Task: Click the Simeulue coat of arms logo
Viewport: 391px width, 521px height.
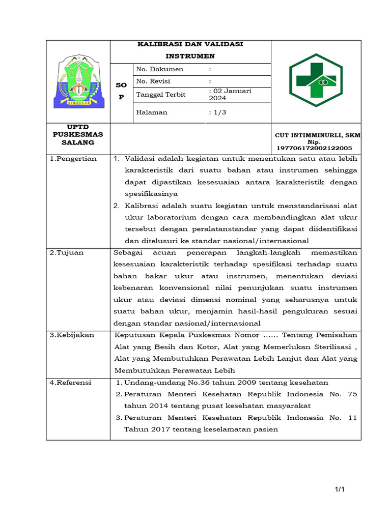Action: [x=78, y=81]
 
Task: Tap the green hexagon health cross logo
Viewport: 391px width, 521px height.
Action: [x=316, y=80]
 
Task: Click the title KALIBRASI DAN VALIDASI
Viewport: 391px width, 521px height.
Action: [x=190, y=44]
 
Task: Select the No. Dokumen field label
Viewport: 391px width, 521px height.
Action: [x=160, y=69]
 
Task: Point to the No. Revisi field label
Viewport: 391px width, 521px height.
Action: [x=153, y=81]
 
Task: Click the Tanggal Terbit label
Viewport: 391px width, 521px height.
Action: [x=161, y=95]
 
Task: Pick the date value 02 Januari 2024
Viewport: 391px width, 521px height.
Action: [x=231, y=95]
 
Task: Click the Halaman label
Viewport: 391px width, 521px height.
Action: [x=152, y=112]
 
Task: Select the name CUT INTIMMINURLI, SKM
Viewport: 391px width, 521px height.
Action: [x=317, y=135]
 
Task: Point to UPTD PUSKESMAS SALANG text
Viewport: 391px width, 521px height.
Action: [x=78, y=135]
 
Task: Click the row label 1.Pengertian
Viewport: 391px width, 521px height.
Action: [x=73, y=159]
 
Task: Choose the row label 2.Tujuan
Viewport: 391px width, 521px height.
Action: [x=67, y=253]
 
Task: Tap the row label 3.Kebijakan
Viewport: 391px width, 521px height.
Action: [x=72, y=335]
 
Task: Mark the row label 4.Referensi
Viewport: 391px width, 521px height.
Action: [x=71, y=383]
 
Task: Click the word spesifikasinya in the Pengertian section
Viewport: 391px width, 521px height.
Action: [x=151, y=194]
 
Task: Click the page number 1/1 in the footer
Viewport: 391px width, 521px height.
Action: [x=340, y=489]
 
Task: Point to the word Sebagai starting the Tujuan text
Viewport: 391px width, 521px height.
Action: [x=128, y=253]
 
